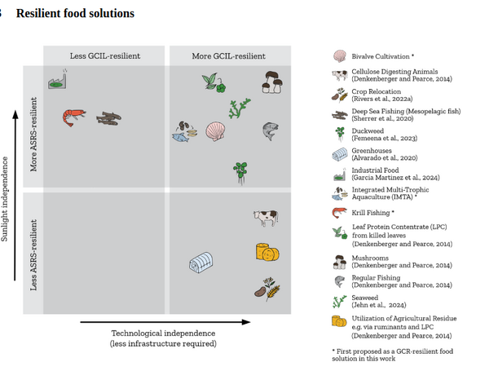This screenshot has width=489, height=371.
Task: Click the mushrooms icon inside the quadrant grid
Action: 272,82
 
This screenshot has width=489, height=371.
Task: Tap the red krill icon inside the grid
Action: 74,117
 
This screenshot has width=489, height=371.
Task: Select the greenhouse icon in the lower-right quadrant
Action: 201,263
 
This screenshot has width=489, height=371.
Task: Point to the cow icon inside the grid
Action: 266,218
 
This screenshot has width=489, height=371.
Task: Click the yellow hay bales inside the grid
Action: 267,252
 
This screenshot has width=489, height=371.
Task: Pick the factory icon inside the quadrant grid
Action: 57,80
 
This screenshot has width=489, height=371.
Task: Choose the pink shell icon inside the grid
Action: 215,131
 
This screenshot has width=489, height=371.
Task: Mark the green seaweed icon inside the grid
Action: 239,108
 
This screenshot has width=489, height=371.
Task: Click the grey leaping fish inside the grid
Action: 270,131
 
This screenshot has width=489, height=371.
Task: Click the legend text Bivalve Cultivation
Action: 381,56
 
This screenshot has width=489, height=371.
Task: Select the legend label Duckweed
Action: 368,130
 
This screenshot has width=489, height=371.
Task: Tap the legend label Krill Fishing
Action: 371,213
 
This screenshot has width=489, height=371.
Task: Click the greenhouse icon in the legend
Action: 340,154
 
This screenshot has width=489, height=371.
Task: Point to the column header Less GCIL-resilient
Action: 105,55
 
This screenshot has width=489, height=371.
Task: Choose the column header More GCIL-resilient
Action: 228,55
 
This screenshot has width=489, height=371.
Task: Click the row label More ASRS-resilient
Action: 33,135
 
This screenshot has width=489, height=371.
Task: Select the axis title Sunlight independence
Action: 4,199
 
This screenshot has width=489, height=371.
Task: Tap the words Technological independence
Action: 163,333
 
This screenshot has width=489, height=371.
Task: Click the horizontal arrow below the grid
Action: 165,322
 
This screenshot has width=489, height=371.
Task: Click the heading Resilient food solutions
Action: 75,13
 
